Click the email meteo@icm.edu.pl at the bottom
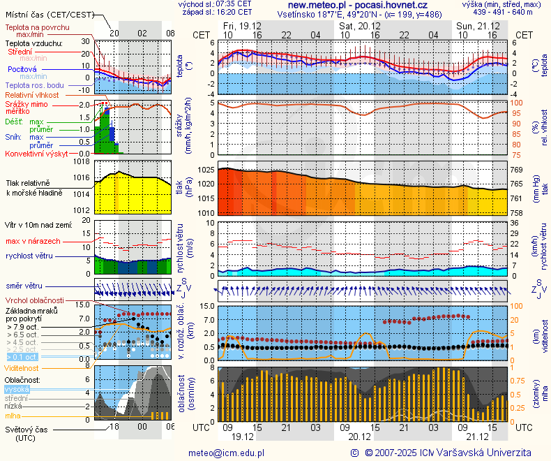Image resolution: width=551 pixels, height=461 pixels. click(x=227, y=453)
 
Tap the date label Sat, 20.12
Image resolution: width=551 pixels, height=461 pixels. click(x=360, y=25)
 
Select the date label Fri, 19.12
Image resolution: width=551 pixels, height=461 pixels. click(x=243, y=25)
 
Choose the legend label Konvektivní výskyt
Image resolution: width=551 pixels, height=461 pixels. click(x=36, y=153)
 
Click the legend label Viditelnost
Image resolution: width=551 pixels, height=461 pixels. click(x=22, y=367)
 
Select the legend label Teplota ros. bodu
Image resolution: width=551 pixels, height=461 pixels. click(x=34, y=85)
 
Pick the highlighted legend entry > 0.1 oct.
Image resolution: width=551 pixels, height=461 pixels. click(x=21, y=357)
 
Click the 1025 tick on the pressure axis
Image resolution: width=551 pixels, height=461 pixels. click(x=204, y=170)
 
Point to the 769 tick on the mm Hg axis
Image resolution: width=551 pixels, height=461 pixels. click(x=517, y=170)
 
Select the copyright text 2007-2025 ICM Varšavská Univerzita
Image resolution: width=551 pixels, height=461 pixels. click(x=453, y=453)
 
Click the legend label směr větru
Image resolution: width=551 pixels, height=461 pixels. click(x=24, y=286)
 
